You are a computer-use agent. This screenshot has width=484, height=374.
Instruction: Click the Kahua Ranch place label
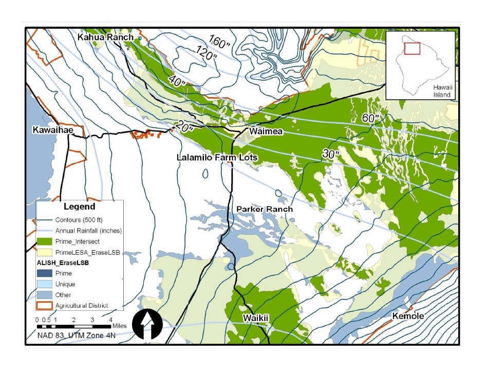[105, 38]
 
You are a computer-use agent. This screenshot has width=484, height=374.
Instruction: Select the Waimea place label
[266, 132]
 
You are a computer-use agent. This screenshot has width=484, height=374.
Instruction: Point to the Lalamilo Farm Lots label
[217, 157]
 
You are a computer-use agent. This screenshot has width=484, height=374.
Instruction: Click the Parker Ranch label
[264, 209]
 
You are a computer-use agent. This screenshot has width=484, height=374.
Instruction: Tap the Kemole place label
[408, 316]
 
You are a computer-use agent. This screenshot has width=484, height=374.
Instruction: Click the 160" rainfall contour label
[220, 43]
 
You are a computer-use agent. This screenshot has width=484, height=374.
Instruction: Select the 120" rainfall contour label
[206, 52]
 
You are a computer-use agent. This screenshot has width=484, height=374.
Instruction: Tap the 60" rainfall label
[370, 118]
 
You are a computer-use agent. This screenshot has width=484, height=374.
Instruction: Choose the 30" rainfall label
[331, 153]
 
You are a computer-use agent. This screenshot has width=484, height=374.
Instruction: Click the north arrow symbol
[147, 324]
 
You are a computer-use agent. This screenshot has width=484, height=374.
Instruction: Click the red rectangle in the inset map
[412, 48]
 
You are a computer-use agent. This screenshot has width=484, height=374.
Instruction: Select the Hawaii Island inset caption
[441, 91]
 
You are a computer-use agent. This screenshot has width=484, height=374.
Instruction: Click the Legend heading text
[79, 207]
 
